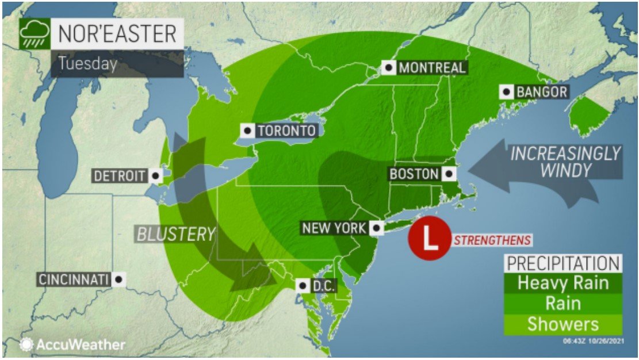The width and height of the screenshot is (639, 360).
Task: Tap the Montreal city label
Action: pos(431,67)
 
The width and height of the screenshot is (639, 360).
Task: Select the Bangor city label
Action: pos(541,91)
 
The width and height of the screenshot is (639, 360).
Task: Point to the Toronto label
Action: pos(286,131)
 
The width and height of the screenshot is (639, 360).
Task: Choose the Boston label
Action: pos(414,173)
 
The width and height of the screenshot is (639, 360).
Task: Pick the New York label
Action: pos(334,228)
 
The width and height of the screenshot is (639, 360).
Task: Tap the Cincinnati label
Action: pos(74,279)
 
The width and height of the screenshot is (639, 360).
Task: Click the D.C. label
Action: pos(322,285)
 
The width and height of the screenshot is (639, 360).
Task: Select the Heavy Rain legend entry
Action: pos(563,283)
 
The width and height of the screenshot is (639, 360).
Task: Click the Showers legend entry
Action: pos(563,324)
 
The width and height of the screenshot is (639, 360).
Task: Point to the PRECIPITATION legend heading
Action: pos(563,263)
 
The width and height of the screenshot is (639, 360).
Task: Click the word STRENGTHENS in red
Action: pos(492,240)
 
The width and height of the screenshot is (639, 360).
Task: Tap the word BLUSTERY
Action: pos(175,234)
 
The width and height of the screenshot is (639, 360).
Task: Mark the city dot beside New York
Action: pos(377,228)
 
